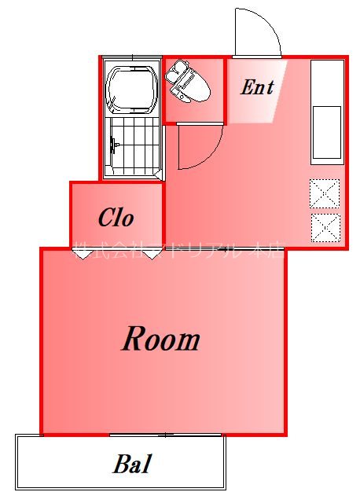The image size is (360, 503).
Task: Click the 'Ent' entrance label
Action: pyautogui.click(x=257, y=87)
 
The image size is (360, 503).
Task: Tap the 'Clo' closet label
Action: pyautogui.click(x=116, y=217)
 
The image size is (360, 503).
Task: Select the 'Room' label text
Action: pyautogui.click(x=160, y=340)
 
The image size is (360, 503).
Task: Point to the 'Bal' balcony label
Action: pyautogui.click(x=131, y=464)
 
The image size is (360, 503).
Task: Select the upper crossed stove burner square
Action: pyautogui.click(x=324, y=193)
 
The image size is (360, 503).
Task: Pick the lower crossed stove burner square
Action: pyautogui.click(x=324, y=227)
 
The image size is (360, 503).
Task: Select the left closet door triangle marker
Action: pyautogui.click(x=82, y=253)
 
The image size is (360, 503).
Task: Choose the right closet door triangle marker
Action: pyautogui.click(x=152, y=253)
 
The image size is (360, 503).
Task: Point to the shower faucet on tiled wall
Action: pyautogui.click(x=115, y=145)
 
